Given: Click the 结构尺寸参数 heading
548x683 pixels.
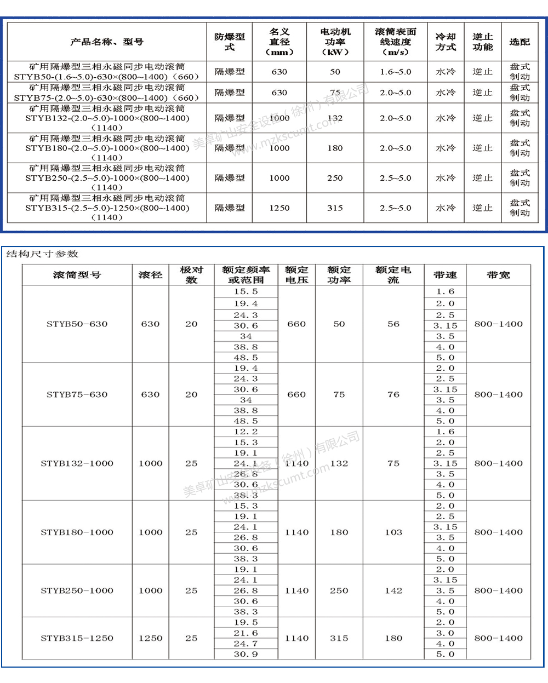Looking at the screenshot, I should tap(42, 254).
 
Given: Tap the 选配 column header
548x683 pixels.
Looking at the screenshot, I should tap(520, 42).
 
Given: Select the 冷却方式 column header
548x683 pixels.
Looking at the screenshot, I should tap(446, 42).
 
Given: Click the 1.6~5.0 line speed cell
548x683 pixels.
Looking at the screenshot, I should tap(395, 72).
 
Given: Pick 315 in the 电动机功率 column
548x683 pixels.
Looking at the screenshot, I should tap(335, 208).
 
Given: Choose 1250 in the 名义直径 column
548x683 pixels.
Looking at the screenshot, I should tap(279, 208).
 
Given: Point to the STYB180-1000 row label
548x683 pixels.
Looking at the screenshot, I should tap(77, 532).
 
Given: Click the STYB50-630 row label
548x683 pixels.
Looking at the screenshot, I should tap(77, 324).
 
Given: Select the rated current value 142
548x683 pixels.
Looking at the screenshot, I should tap(393, 591).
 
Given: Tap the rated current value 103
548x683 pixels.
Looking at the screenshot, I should tap(393, 532).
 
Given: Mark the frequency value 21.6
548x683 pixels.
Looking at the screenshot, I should tap(246, 633).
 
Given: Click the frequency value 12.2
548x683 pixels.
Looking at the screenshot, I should tap(246, 432).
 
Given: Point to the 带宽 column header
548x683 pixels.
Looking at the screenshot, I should tap(498, 275).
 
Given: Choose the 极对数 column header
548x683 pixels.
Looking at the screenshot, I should tap(191, 275).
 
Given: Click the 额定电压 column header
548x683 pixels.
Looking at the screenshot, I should tap(296, 275).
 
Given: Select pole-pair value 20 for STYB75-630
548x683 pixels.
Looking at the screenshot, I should tap(191, 394).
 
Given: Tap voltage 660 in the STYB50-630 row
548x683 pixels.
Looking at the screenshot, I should tap(296, 324).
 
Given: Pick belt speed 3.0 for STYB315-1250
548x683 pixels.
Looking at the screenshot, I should tap(445, 633).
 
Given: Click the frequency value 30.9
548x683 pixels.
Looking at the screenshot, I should tap(246, 655).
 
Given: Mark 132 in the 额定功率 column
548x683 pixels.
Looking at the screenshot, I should tap(339, 463).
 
